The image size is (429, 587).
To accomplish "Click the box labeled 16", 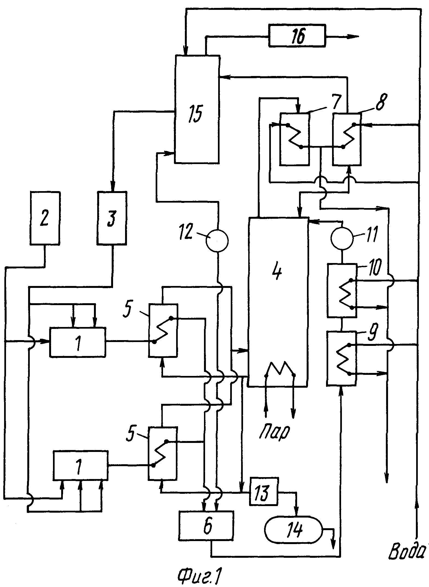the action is click(297, 35).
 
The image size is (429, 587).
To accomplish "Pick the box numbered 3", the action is click(112, 218).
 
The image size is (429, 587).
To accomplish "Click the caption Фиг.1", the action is click(199, 574).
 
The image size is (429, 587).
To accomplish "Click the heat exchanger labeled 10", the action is click(342, 290).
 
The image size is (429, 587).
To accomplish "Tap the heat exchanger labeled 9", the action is click(342, 358).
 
